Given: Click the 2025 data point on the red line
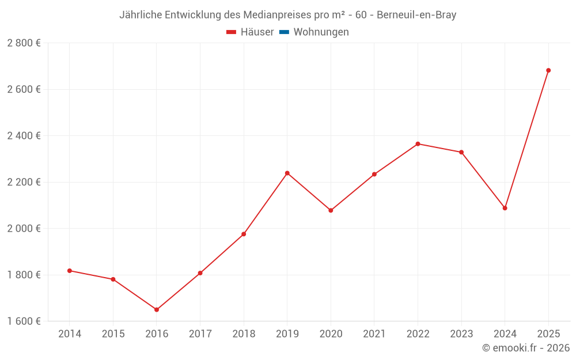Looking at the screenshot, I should [548, 70].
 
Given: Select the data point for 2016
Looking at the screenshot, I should [157, 310].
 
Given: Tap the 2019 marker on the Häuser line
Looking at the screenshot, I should [287, 173].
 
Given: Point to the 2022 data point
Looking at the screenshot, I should [418, 144].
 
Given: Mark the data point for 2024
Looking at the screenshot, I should [505, 208].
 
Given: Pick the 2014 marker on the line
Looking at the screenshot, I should [70, 271].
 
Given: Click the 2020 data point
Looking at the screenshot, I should [331, 211].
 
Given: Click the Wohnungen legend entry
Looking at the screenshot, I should [321, 32].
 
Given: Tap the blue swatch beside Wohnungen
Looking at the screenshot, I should [284, 32].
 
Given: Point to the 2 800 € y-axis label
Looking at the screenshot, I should [24, 43].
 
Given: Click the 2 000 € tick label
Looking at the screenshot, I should [24, 228].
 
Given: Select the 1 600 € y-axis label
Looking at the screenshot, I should [24, 321].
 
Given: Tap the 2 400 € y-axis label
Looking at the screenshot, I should [24, 136].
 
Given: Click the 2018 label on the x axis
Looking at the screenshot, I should [244, 334].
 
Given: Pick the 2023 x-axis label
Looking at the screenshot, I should [461, 334].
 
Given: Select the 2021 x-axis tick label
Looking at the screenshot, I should [374, 334].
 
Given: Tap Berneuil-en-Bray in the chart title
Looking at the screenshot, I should [416, 15].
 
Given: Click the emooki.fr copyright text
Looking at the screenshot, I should [526, 348].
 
